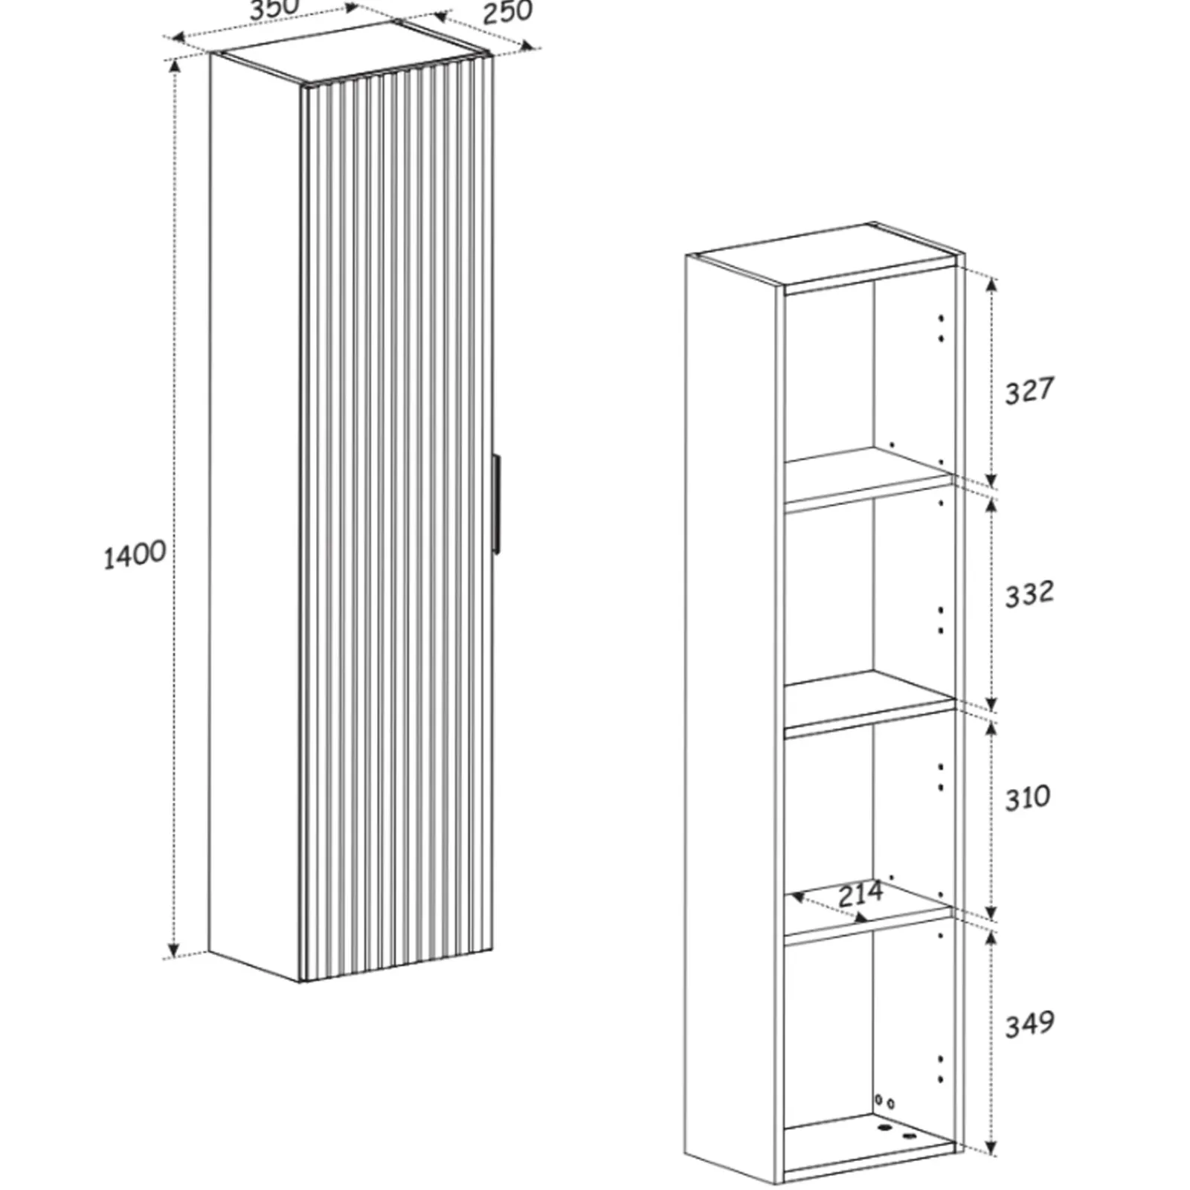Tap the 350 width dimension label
[274, 10]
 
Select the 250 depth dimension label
[508, 12]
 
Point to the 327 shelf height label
[1029, 390]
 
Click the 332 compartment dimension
[1029, 594]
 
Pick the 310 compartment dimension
[1028, 798]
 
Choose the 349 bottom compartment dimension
[1029, 1025]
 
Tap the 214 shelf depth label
[861, 893]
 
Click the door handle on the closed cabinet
[495, 503]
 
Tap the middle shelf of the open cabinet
[869, 699]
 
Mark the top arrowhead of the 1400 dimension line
[175, 65]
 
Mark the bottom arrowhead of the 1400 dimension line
[173, 950]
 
